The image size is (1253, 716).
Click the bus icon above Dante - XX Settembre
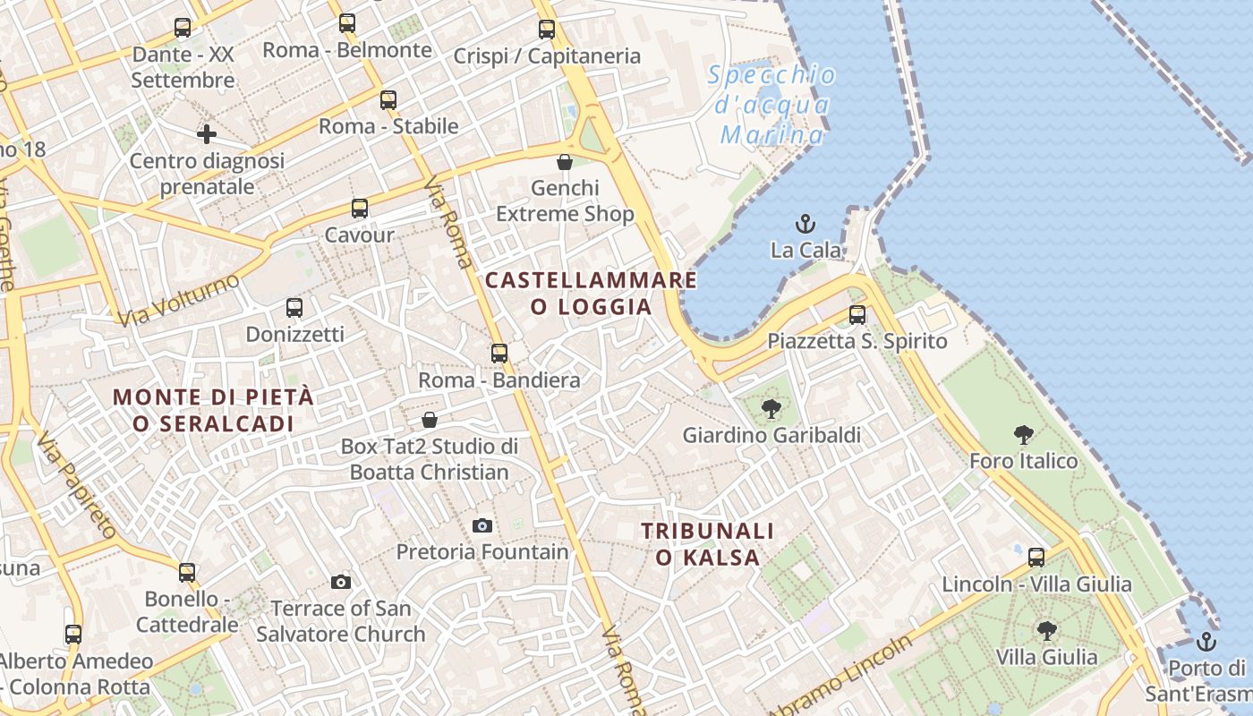pyautogui.click(x=183, y=28)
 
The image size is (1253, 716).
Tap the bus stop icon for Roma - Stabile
pyautogui.click(x=388, y=100)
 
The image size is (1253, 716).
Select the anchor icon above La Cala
pyautogui.click(x=805, y=224)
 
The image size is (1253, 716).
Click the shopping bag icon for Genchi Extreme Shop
pyautogui.click(x=565, y=162)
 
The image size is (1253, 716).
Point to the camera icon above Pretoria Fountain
pyautogui.click(x=482, y=525)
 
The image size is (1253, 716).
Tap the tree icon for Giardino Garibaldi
pyautogui.click(x=770, y=410)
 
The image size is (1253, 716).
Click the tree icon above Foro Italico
pyautogui.click(x=1024, y=436)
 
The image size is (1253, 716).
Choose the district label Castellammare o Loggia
pyautogui.click(x=591, y=294)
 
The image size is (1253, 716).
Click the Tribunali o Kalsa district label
pyautogui.click(x=707, y=544)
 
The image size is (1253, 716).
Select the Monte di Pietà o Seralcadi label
pyautogui.click(x=214, y=410)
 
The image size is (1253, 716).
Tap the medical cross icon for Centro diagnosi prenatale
pyautogui.click(x=207, y=135)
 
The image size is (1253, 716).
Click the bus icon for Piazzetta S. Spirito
pyautogui.click(x=857, y=315)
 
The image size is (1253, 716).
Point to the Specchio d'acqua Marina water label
pyautogui.click(x=771, y=105)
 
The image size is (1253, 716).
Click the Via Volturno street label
pyautogui.click(x=178, y=300)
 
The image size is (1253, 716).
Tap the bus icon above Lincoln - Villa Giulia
pyautogui.click(x=1036, y=558)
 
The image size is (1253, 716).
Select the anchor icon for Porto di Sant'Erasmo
pyautogui.click(x=1206, y=642)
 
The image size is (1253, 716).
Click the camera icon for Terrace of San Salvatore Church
pyautogui.click(x=340, y=583)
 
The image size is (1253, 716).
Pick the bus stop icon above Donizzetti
pyautogui.click(x=294, y=308)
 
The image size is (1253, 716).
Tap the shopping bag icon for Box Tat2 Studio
pyautogui.click(x=430, y=420)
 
